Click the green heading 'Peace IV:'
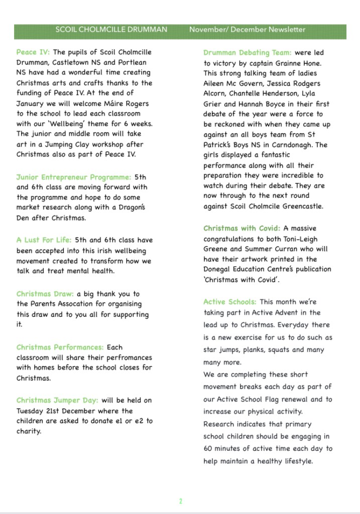coord(33,52)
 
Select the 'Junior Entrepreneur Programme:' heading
coord(73,177)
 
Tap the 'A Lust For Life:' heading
coord(44,240)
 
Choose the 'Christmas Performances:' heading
coord(60,347)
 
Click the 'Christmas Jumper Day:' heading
coord(57,400)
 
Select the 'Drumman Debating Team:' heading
coord(247,53)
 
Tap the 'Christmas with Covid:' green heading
coord(242,228)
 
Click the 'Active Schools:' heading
coord(229,302)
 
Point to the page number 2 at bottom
coord(180,501)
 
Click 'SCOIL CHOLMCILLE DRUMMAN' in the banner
coord(111,30)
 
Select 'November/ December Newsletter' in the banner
coord(247,30)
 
